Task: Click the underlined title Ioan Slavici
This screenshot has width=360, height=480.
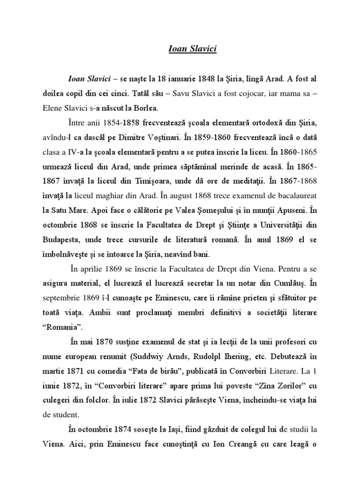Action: [x=192, y=49]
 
